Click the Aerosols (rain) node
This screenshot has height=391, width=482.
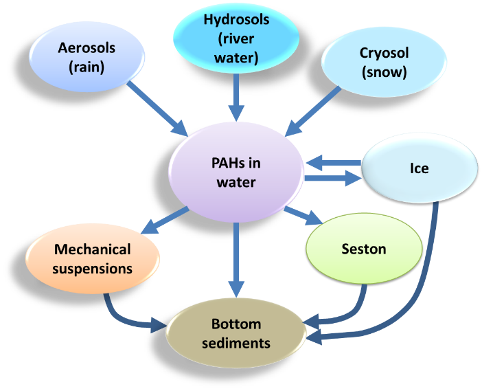tap(87, 57)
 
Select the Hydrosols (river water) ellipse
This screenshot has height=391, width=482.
tap(236, 39)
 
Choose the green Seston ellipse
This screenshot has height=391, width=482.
tap(363, 249)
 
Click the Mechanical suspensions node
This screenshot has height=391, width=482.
tap(93, 258)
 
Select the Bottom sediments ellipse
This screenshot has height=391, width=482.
tap(236, 333)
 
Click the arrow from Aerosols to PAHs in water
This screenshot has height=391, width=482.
tap(159, 107)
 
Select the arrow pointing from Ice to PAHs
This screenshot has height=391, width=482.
tap(334, 163)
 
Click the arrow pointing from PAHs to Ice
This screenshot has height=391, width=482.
tap(334, 179)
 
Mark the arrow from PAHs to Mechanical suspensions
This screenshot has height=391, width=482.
tap(165, 221)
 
